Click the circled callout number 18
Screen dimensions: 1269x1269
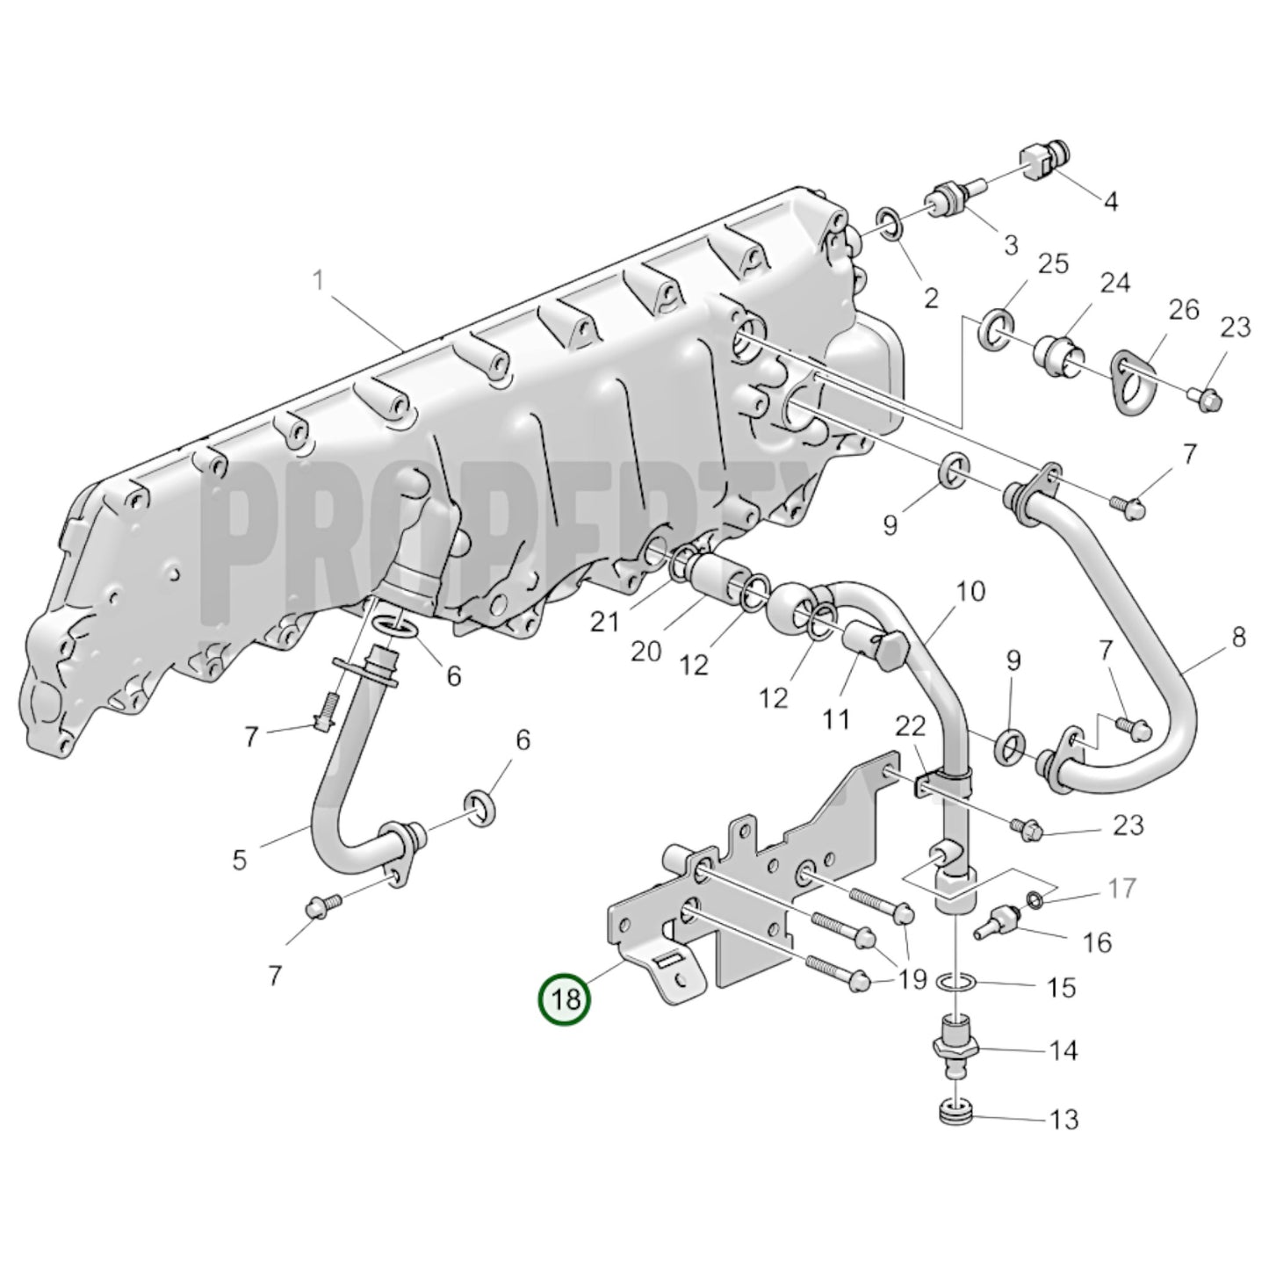[x=566, y=999]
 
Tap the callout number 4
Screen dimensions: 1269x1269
[x=1111, y=201]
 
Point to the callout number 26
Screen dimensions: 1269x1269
[x=1183, y=310]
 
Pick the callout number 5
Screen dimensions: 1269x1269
[x=240, y=859]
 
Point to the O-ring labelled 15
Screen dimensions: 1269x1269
[x=955, y=981]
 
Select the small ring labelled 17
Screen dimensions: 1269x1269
[x=1035, y=898]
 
